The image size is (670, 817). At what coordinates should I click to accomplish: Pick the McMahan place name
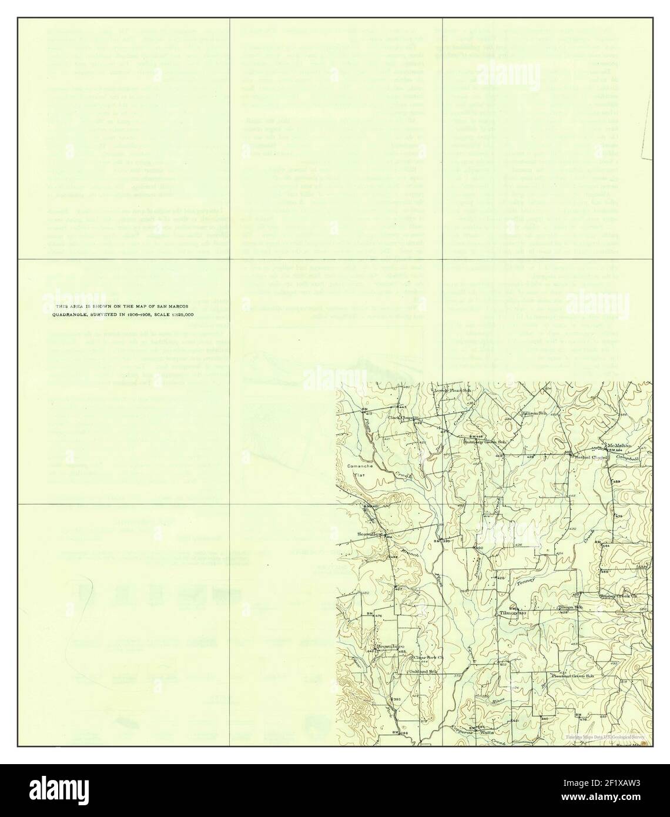point(620,445)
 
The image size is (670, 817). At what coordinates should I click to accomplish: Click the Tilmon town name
point(507,612)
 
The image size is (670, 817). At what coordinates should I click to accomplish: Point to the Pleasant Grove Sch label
point(572,676)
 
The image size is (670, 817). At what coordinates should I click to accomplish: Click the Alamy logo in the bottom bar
point(59,790)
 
